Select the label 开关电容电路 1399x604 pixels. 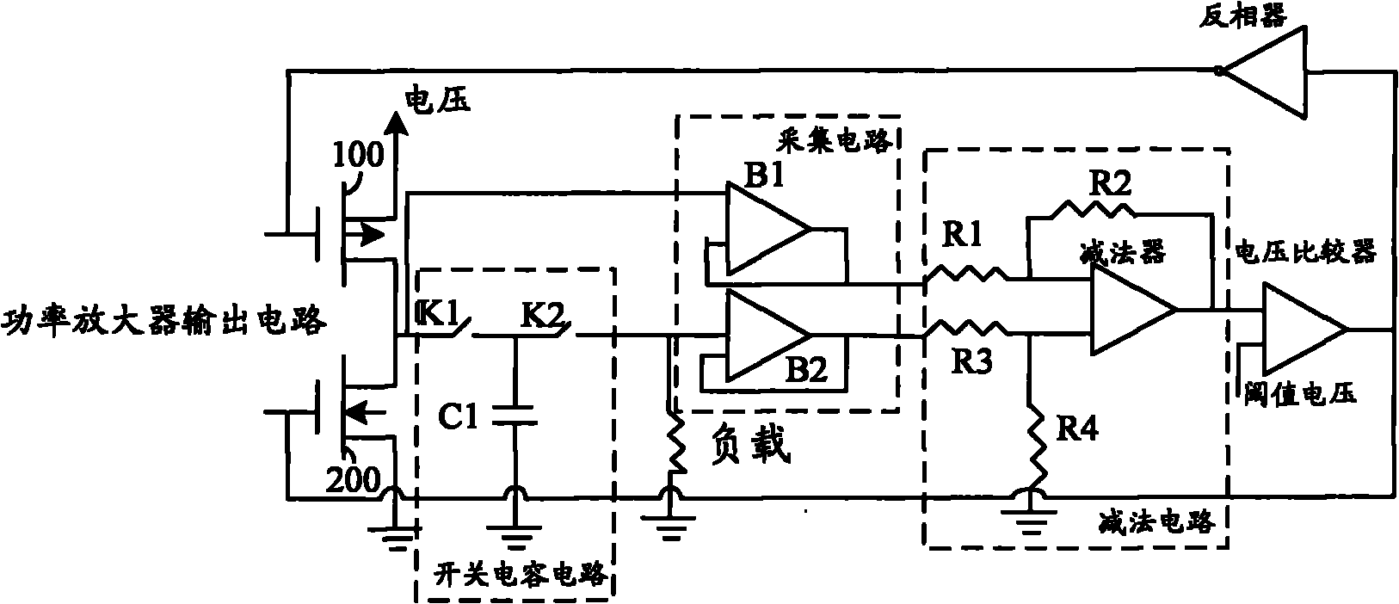pyautogui.click(x=515, y=573)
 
